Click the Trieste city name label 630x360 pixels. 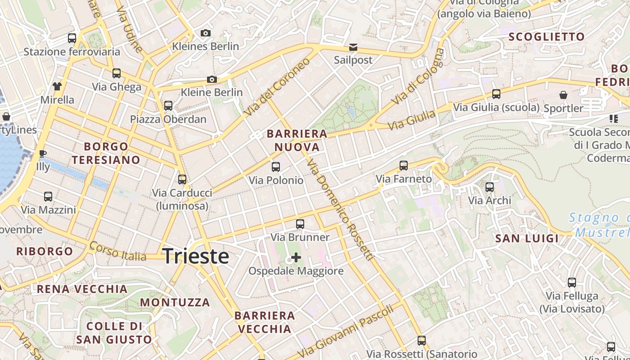coord(196,256)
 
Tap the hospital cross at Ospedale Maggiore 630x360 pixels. coord(296,257)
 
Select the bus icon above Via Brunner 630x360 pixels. coord(300,224)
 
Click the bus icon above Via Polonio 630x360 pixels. coord(276,167)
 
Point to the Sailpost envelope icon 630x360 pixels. coord(353,47)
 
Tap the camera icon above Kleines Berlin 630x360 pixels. coord(206,33)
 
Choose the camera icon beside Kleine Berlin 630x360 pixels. coord(212,80)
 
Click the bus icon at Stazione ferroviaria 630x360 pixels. coord(72,38)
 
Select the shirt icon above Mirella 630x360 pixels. coord(57,86)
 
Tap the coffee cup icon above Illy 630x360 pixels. coord(43,153)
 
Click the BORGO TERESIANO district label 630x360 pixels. coord(106,153)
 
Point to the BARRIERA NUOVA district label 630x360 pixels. coord(297,140)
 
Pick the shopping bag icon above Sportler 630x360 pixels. coord(563,95)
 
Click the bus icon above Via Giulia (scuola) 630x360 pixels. coord(496,94)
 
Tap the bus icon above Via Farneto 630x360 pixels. coord(404,166)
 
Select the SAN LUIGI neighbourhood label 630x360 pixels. coord(527,238)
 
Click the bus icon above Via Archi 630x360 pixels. coord(490,187)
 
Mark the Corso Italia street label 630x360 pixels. coord(118,252)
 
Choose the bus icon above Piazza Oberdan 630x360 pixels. coord(168,106)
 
